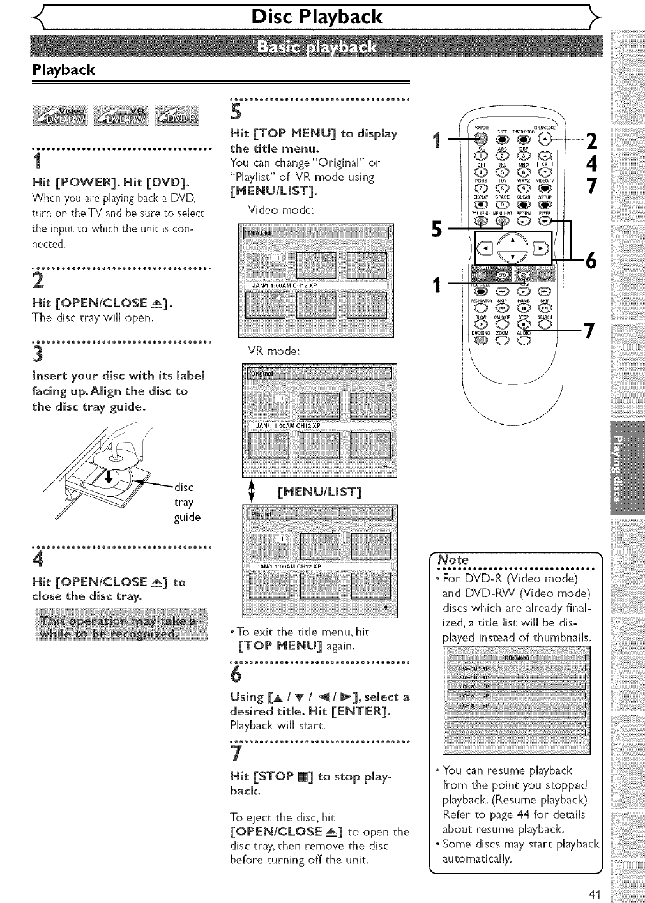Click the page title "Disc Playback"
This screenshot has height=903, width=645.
[317, 17]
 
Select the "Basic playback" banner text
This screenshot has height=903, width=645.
[317, 48]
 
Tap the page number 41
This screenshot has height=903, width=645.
[595, 894]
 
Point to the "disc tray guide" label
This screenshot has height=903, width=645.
[187, 502]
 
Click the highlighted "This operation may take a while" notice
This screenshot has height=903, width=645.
[119, 627]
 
